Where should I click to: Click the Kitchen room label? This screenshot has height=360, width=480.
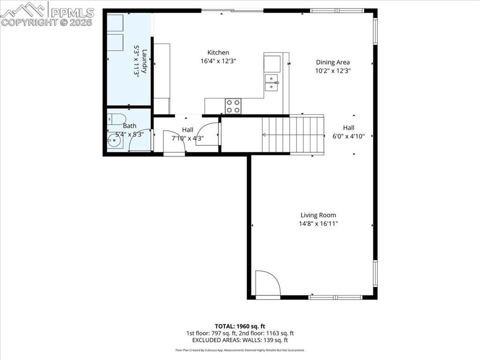click(x=218, y=52)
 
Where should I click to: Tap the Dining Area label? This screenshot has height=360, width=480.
click(x=332, y=62)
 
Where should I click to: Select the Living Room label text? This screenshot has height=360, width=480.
click(x=319, y=215)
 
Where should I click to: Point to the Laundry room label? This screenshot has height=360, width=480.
click(x=145, y=61)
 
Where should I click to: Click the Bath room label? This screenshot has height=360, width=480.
click(x=130, y=126)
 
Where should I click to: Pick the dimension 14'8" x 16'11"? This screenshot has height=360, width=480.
click(x=319, y=224)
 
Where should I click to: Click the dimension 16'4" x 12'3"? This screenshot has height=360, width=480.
click(x=218, y=61)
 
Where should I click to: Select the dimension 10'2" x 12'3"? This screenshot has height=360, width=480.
click(x=332, y=71)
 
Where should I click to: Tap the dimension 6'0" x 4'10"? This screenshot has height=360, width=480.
click(x=348, y=136)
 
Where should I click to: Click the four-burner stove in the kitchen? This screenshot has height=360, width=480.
click(x=233, y=106)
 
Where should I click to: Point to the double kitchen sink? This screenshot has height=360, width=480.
click(x=272, y=82)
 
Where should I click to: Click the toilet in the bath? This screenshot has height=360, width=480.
click(x=116, y=119)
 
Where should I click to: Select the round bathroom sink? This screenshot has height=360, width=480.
click(x=112, y=140)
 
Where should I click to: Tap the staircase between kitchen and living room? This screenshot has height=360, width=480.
click(x=293, y=135)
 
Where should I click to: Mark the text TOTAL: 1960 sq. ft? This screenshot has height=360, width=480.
click(x=240, y=326)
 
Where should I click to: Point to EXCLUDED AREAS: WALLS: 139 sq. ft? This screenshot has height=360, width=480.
click(x=240, y=340)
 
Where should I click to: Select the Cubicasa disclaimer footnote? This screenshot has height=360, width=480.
click(x=240, y=350)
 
